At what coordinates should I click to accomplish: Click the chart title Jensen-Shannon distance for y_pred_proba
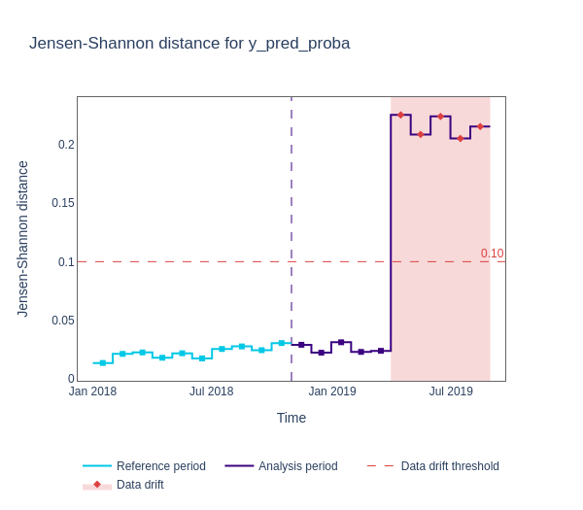pyautogui.click(x=189, y=44)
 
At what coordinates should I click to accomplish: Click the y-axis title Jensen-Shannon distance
pyautogui.click(x=22, y=239)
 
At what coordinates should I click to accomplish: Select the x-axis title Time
pyautogui.click(x=291, y=418)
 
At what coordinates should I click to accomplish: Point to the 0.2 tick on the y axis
pyautogui.click(x=66, y=145)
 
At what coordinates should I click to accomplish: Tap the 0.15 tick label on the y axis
pyautogui.click(x=62, y=203)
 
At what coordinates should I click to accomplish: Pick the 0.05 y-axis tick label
pyautogui.click(x=62, y=321)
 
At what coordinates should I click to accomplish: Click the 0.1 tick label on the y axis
pyautogui.click(x=66, y=262)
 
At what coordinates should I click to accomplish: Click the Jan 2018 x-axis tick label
pyautogui.click(x=92, y=391)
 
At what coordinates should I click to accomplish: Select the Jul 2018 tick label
pyautogui.click(x=211, y=391)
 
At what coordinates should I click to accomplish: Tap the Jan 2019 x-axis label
pyautogui.click(x=332, y=391)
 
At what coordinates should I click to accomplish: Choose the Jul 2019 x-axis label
pyautogui.click(x=451, y=391)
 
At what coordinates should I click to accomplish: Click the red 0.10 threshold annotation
pyautogui.click(x=492, y=254)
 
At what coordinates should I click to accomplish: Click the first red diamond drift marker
pyautogui.click(x=400, y=115)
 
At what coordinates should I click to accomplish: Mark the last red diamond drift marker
pyautogui.click(x=480, y=126)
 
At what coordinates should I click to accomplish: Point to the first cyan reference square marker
pyautogui.click(x=103, y=363)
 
